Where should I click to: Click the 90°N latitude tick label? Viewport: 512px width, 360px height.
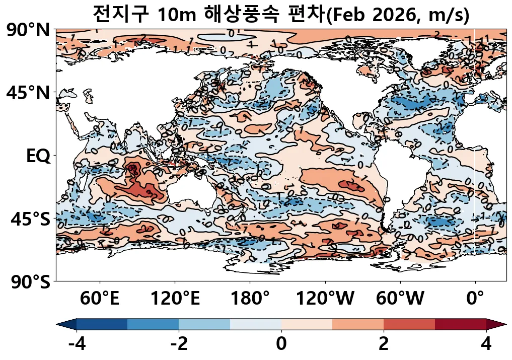click(x=28, y=31)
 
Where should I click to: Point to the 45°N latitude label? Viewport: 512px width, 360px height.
click(x=28, y=93)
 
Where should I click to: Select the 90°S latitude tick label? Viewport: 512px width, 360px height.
click(x=29, y=281)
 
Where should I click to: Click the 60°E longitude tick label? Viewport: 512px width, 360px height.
click(x=100, y=299)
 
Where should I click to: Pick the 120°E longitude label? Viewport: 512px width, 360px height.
click(x=175, y=299)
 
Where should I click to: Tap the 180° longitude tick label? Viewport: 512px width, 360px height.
click(x=250, y=299)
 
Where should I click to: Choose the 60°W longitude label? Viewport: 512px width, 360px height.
click(x=400, y=299)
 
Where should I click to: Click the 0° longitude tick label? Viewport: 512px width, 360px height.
click(x=475, y=299)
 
